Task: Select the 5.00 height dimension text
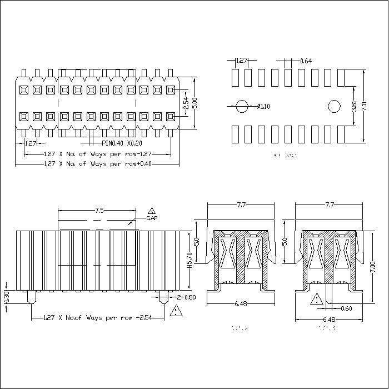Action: pos(194,104)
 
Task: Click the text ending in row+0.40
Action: pos(98,163)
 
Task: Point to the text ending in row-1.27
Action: pos(98,154)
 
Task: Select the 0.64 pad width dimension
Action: pos(306,61)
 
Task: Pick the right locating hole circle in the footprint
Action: pos(334,106)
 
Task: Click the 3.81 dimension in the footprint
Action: pos(355,106)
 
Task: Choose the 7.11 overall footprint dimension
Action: pos(364,106)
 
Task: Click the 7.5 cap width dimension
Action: pos(99,211)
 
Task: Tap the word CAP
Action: pos(151,218)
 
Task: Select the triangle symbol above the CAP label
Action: pos(151,211)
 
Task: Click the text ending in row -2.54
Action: pos(97,318)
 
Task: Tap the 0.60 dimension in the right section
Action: pos(346,308)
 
